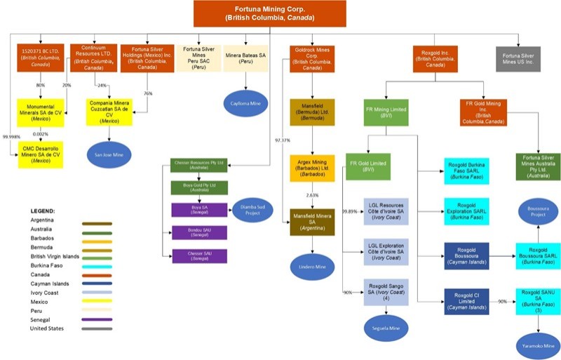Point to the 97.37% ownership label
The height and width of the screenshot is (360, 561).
[283, 140]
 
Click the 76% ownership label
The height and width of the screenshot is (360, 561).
[148, 94]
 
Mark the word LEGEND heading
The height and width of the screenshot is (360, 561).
[47, 211]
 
